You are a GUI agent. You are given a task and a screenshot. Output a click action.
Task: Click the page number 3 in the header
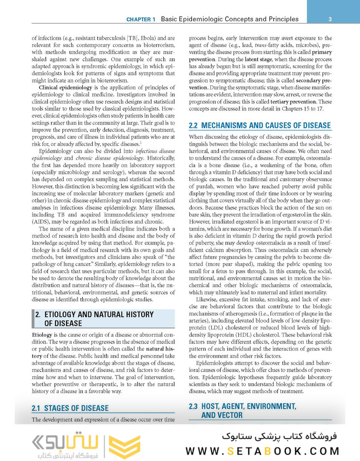click(331, 19)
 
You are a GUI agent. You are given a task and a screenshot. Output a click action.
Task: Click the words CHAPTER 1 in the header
click(141, 19)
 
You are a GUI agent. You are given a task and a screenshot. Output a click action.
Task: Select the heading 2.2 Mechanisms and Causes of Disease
click(260, 125)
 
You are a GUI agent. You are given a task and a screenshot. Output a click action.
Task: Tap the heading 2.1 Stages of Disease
click(70, 408)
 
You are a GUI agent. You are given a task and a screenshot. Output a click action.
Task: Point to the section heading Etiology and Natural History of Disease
click(94, 318)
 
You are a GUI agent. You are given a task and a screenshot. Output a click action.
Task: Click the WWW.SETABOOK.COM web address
click(263, 451)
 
